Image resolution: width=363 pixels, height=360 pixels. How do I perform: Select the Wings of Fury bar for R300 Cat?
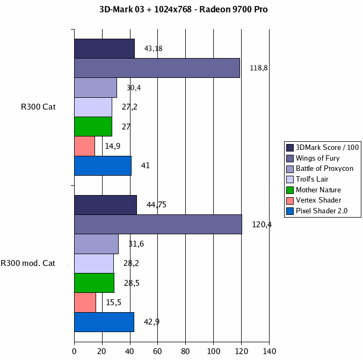157,68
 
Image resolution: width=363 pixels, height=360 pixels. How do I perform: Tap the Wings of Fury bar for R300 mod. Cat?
158,224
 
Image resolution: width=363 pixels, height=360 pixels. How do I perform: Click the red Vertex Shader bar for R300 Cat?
84,146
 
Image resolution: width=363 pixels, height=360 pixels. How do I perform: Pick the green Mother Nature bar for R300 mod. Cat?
94,283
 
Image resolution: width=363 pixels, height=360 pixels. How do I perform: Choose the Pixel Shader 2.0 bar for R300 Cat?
103,165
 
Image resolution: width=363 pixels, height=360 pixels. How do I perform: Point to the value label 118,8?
259,68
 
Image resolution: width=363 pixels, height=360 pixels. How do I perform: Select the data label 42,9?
151,322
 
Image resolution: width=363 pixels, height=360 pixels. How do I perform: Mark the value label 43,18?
153,48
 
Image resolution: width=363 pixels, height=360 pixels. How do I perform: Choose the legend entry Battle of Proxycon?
324,168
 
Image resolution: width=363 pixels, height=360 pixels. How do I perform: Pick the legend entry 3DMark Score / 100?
327,147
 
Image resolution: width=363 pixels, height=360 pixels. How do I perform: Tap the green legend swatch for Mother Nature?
291,190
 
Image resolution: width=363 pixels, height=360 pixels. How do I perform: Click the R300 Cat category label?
38,107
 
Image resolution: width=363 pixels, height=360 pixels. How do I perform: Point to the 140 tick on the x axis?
269,351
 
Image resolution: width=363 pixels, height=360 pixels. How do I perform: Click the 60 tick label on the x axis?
158,351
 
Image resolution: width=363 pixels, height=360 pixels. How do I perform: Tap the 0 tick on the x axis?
74,351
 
